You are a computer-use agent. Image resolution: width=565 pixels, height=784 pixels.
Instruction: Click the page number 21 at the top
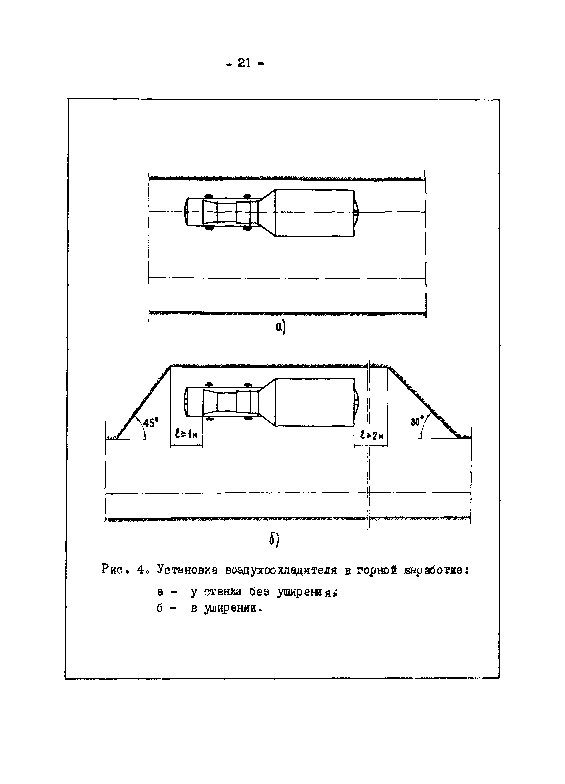pos(244,63)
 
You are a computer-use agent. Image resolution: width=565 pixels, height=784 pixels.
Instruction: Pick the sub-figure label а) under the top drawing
pos(281,326)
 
